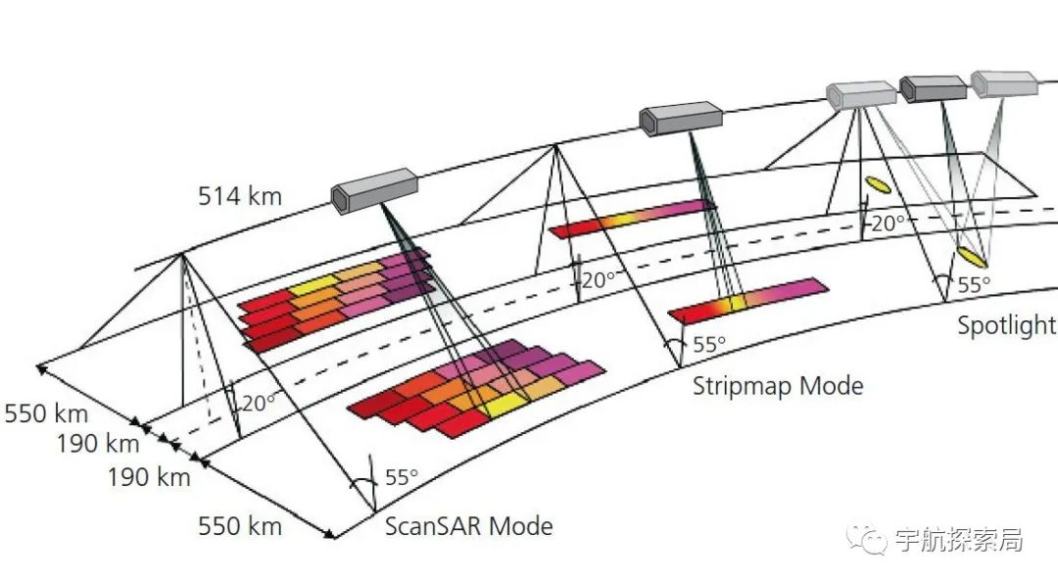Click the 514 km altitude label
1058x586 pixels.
[240, 196]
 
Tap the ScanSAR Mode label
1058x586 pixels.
[468, 526]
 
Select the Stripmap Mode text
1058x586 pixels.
[778, 385]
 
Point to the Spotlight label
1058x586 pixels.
[1006, 325]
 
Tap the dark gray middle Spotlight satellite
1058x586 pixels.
[933, 89]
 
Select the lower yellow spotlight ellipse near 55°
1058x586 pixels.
[971, 257]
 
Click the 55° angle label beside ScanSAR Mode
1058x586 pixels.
[401, 478]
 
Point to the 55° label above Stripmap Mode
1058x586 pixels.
[709, 345]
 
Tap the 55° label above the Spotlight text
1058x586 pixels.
[974, 285]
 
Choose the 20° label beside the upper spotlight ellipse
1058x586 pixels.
[889, 223]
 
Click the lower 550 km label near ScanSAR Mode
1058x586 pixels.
[240, 526]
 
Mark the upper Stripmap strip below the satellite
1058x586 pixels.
[632, 219]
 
